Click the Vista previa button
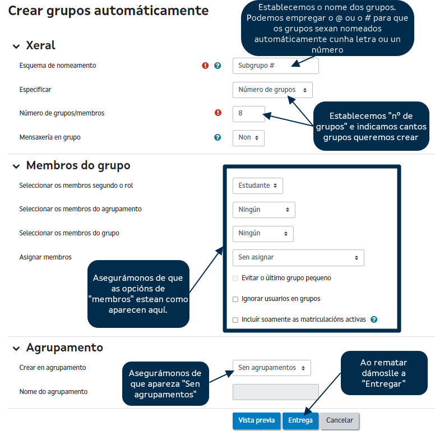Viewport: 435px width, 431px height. point(256,420)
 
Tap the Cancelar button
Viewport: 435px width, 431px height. point(340,420)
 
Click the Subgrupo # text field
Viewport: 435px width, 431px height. point(275,66)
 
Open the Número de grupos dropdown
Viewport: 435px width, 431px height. point(272,90)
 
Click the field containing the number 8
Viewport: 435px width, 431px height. point(248,113)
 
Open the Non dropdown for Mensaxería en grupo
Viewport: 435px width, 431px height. point(248,137)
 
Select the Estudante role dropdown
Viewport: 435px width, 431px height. point(258,186)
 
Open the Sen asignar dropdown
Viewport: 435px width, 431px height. point(298,258)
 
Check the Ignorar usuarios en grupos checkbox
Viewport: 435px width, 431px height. point(235,299)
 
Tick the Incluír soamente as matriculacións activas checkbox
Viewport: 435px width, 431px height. point(235,320)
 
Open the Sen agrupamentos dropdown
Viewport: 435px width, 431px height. point(271,368)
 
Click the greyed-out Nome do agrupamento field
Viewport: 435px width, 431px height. point(275,392)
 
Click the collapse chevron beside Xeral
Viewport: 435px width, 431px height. point(16,47)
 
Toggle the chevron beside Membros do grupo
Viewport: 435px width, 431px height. point(16,166)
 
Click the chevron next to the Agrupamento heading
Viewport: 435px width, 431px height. point(16,349)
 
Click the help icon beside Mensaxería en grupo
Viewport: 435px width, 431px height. point(217,137)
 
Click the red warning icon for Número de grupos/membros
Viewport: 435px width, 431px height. point(218,113)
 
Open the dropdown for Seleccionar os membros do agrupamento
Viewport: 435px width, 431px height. point(263,210)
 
